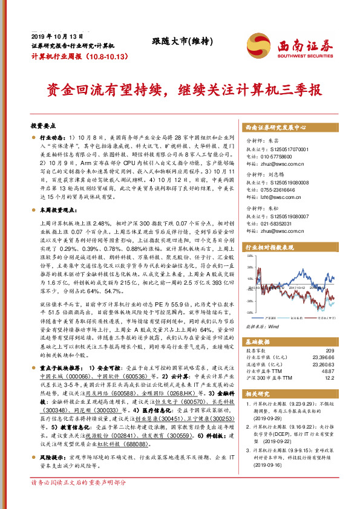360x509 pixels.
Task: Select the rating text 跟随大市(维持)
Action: tap(180, 41)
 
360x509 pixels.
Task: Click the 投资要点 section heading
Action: tap(43, 126)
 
